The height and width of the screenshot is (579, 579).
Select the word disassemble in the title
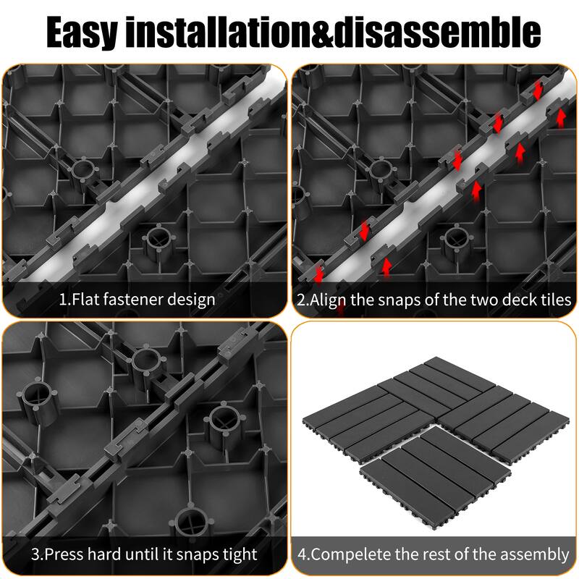(450, 33)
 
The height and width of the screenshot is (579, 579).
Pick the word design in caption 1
(194, 299)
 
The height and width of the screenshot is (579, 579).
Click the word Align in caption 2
(329, 299)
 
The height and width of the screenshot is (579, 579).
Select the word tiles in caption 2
(552, 299)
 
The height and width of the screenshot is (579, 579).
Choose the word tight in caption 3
(238, 555)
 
